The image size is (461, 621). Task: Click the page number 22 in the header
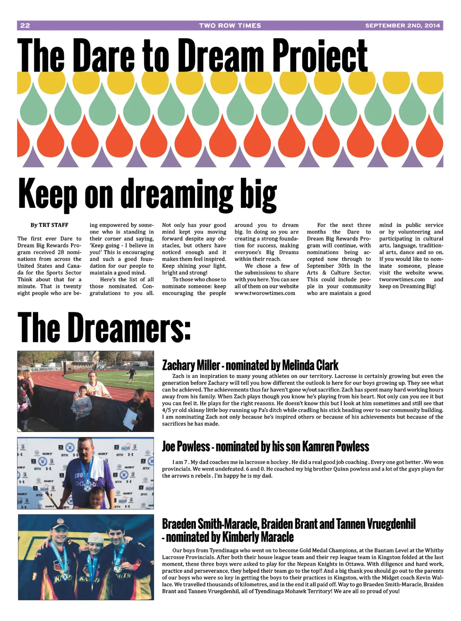point(25,26)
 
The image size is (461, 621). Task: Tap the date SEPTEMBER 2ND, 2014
point(402,26)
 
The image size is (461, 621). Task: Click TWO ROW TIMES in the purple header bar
point(230,26)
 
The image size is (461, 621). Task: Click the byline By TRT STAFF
point(50,225)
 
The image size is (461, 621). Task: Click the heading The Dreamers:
point(104,327)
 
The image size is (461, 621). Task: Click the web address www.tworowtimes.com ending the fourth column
point(265,293)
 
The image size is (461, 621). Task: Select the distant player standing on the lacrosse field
point(131,373)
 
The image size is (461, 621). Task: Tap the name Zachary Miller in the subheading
point(191,365)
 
